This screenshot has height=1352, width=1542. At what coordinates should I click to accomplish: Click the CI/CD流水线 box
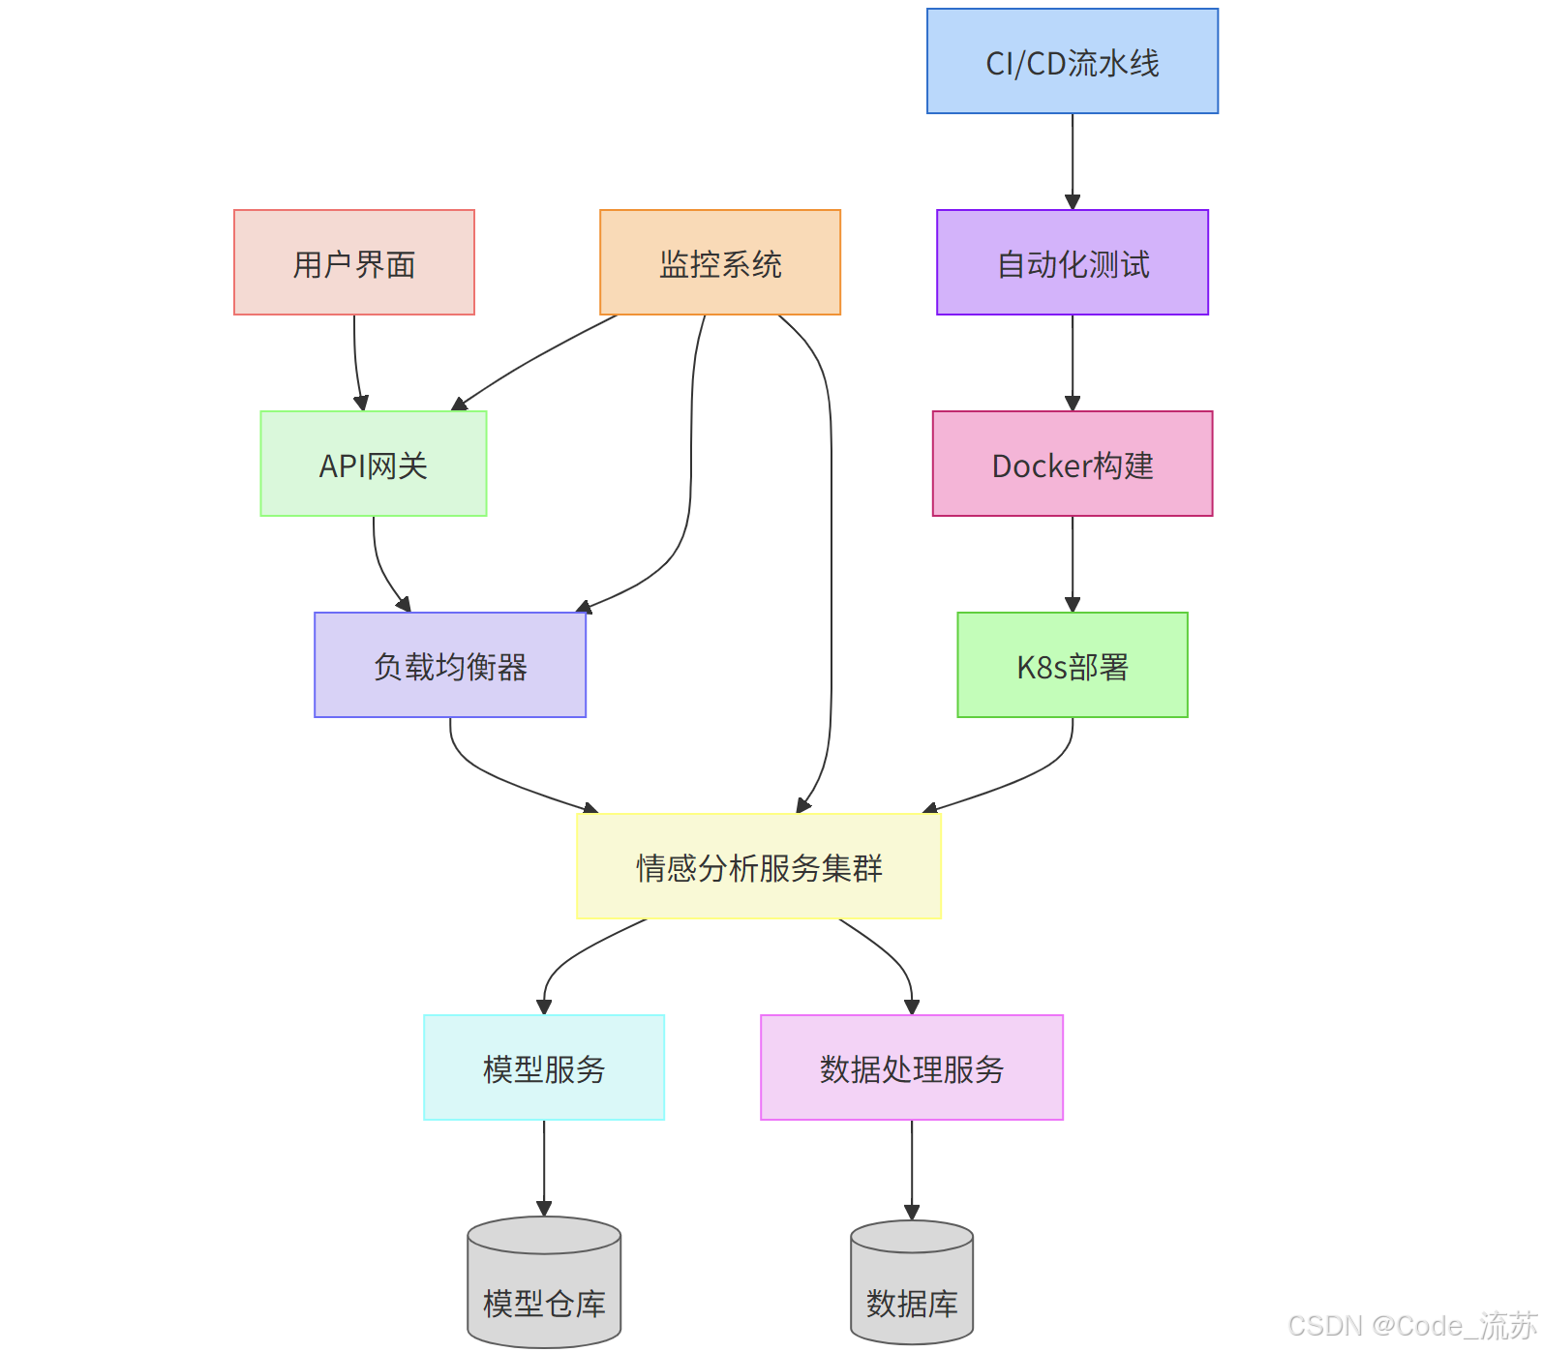click(1072, 62)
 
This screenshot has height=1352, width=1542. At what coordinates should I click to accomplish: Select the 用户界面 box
click(353, 262)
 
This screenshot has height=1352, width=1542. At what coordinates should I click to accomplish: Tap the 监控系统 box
click(719, 262)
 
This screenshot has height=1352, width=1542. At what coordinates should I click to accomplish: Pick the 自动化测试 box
click(1072, 262)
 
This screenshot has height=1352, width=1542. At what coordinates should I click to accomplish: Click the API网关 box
click(373, 464)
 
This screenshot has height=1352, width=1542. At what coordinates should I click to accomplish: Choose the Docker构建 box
click(1072, 464)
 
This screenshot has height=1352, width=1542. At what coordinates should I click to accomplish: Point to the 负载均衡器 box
click(449, 665)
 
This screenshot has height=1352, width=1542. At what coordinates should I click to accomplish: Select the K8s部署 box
click(1072, 665)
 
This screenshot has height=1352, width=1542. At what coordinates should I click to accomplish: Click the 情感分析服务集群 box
click(758, 866)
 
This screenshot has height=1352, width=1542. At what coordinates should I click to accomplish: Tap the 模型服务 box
click(543, 1067)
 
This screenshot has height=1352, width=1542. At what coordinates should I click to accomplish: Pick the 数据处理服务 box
click(911, 1067)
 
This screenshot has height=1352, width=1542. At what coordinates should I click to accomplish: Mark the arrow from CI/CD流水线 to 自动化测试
click(1072, 161)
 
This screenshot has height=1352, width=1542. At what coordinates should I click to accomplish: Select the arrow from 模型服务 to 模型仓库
click(543, 1166)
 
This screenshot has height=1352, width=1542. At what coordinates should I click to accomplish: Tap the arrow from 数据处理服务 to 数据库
click(911, 1168)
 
